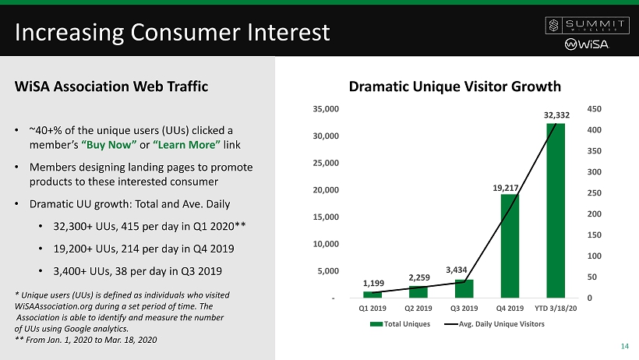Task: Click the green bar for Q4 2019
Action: (x=510, y=245)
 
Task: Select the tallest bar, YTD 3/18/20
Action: (x=556, y=210)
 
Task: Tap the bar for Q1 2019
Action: (x=372, y=295)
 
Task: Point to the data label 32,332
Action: (x=556, y=115)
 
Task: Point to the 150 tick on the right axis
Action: (x=593, y=235)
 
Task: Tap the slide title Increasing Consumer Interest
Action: (x=171, y=33)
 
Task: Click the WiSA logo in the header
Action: (x=584, y=44)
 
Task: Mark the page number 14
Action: (x=624, y=347)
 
